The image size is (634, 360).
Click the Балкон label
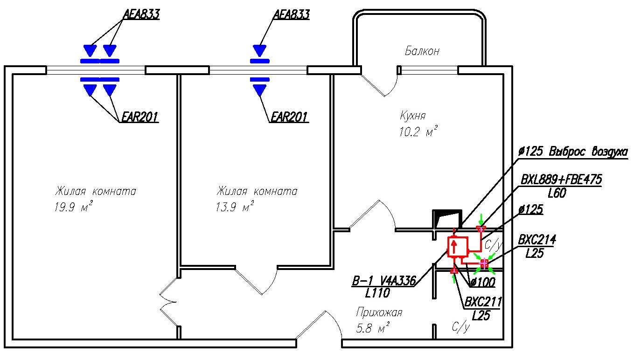[x=422, y=51]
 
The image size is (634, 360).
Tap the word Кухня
[x=413, y=116]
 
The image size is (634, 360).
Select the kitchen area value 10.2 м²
[x=418, y=132]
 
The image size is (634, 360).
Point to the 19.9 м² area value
[x=73, y=207]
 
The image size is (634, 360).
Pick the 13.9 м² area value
[x=235, y=207]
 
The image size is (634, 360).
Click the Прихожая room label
[x=379, y=312]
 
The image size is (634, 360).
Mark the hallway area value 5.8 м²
[x=373, y=328]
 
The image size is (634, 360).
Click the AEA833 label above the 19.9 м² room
[x=141, y=14]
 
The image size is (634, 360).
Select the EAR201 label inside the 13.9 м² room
[x=289, y=117]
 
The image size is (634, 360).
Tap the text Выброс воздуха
[x=588, y=152]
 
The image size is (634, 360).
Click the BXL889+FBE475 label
[x=562, y=180]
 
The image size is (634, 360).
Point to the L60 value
[x=557, y=193]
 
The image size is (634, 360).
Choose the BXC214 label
[x=537, y=240]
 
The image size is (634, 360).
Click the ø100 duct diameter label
[x=483, y=282]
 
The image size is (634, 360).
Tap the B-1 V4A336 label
[x=384, y=281]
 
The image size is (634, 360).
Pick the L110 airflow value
[x=377, y=293]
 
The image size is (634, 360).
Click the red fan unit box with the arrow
[x=457, y=247]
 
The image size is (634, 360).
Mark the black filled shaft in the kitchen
[x=448, y=218]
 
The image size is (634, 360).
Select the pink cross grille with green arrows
[x=484, y=263]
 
